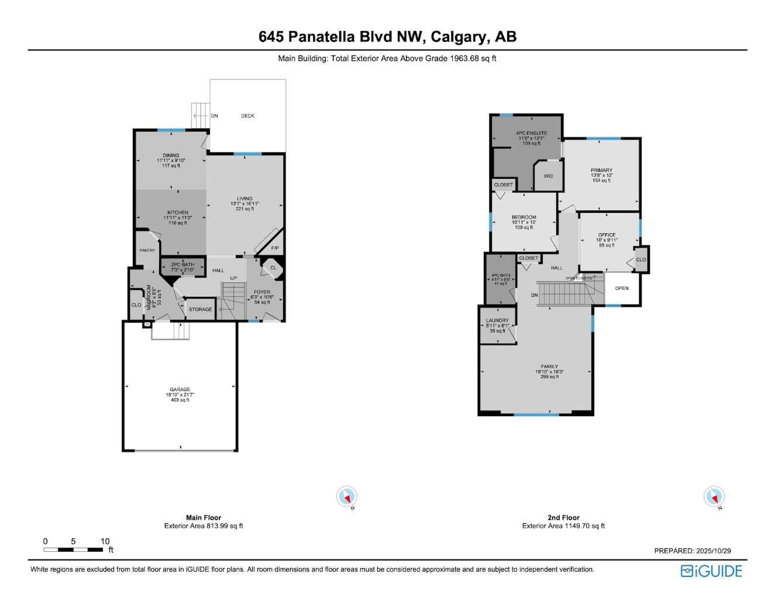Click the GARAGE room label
click(x=180, y=389)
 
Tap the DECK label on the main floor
click(x=247, y=116)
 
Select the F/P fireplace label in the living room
click(x=275, y=248)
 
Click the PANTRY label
click(x=147, y=250)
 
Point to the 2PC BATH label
click(x=182, y=265)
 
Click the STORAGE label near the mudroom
click(x=200, y=309)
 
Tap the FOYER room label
click(x=262, y=292)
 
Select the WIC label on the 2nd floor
click(x=548, y=176)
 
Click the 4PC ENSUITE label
click(x=531, y=133)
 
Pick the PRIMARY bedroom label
click(x=601, y=171)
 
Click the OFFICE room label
click(x=607, y=235)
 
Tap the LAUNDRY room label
click(x=497, y=321)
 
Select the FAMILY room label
click(x=549, y=367)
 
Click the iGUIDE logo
click(x=711, y=571)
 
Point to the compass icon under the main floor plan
click(x=347, y=497)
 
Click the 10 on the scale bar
click(x=105, y=541)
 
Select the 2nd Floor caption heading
click(x=563, y=517)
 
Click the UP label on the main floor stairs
click(x=233, y=278)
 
